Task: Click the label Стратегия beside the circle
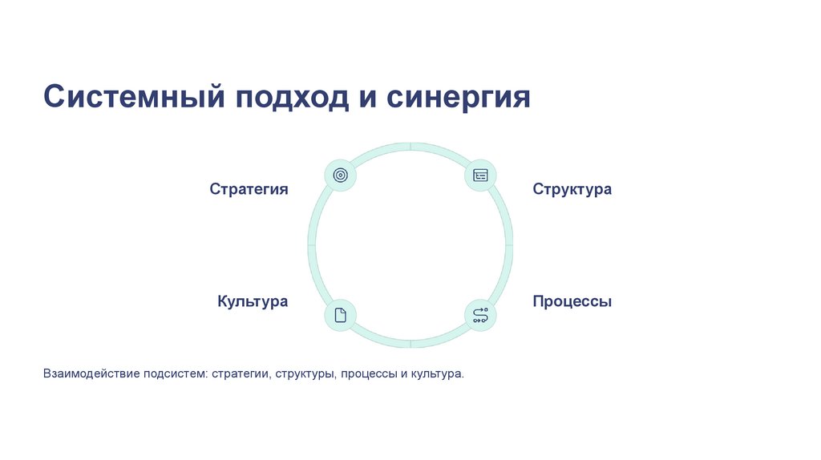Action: [249, 189]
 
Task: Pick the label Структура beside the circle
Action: [572, 189]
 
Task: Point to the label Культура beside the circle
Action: [253, 301]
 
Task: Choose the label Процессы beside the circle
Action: [572, 301]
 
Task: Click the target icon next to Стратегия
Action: [340, 175]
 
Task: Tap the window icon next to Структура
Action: [480, 175]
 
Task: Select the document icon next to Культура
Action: [340, 315]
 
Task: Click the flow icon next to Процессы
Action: [480, 315]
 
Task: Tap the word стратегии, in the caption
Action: [241, 374]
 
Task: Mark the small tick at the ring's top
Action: [410, 146]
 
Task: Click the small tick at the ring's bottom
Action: [410, 344]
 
